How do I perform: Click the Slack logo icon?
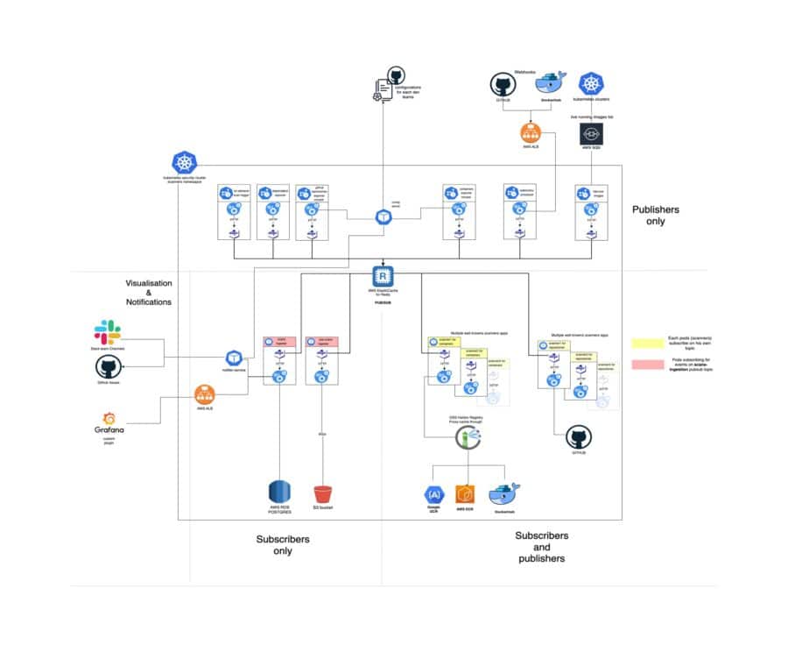click(x=107, y=332)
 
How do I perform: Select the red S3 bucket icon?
click(x=324, y=493)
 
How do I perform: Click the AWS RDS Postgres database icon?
click(x=280, y=493)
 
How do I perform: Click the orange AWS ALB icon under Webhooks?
click(x=529, y=133)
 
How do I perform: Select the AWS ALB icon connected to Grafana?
click(x=206, y=393)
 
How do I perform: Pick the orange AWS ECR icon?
click(x=464, y=494)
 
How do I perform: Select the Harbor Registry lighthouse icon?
click(x=465, y=441)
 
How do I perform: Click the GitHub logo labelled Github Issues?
click(x=107, y=367)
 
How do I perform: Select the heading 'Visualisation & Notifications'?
click(x=149, y=292)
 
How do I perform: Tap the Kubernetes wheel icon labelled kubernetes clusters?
click(x=592, y=84)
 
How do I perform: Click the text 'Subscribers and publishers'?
click(x=540, y=547)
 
